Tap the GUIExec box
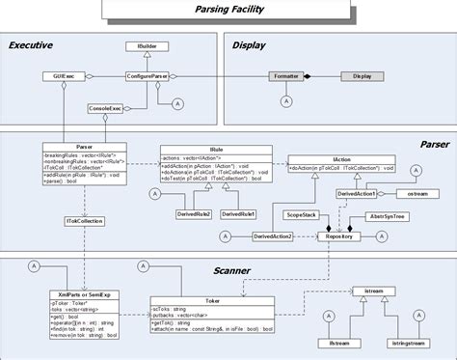(59, 75)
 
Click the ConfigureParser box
(148, 75)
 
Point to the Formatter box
(285, 75)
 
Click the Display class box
(362, 75)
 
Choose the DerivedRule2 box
(196, 212)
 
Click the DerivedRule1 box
(238, 212)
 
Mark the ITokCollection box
(84, 221)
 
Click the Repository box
(339, 235)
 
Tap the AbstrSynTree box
(388, 217)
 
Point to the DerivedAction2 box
(273, 235)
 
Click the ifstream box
(340, 342)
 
